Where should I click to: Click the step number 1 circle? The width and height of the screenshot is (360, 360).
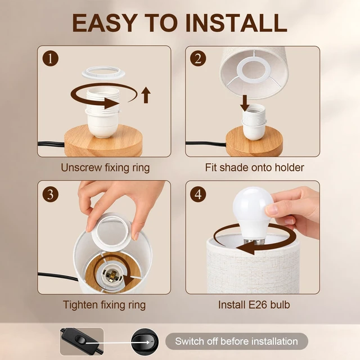click(x=51, y=58)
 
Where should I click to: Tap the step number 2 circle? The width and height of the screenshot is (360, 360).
click(x=198, y=58)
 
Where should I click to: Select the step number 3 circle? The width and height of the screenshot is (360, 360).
click(x=51, y=194)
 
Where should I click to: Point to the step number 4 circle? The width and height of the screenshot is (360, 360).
click(x=198, y=194)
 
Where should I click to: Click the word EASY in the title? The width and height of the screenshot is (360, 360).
click(x=105, y=23)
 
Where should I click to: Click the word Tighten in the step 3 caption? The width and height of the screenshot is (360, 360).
click(x=80, y=305)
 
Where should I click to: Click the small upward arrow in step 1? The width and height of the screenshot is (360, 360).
click(x=146, y=95)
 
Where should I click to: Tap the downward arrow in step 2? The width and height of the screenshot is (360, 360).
click(x=245, y=103)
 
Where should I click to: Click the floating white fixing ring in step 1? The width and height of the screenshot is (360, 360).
click(x=103, y=73)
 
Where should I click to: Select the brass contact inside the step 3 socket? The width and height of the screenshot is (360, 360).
click(x=112, y=276)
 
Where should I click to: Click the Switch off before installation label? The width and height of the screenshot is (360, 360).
click(x=236, y=341)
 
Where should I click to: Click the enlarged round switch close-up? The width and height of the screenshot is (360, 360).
click(x=145, y=342)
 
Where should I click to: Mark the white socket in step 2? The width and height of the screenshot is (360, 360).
click(x=254, y=121)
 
